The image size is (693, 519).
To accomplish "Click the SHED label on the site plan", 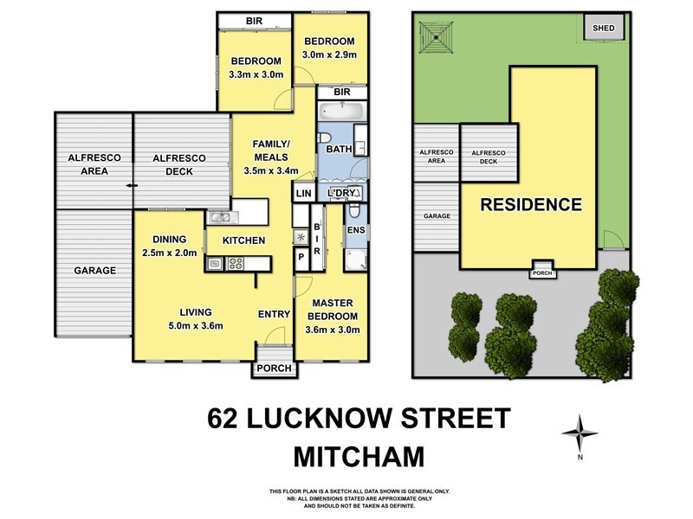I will click(x=603, y=28).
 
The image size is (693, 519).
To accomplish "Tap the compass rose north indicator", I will click(x=580, y=430).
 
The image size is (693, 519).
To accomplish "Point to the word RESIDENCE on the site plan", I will click(x=531, y=205).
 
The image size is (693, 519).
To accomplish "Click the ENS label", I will click(x=354, y=230).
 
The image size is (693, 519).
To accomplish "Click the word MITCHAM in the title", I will click(x=359, y=453).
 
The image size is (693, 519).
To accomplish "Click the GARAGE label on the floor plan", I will click(x=94, y=271).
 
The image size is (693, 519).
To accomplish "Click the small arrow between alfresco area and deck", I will click(x=131, y=185).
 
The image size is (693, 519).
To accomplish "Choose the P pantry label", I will click(x=301, y=257).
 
